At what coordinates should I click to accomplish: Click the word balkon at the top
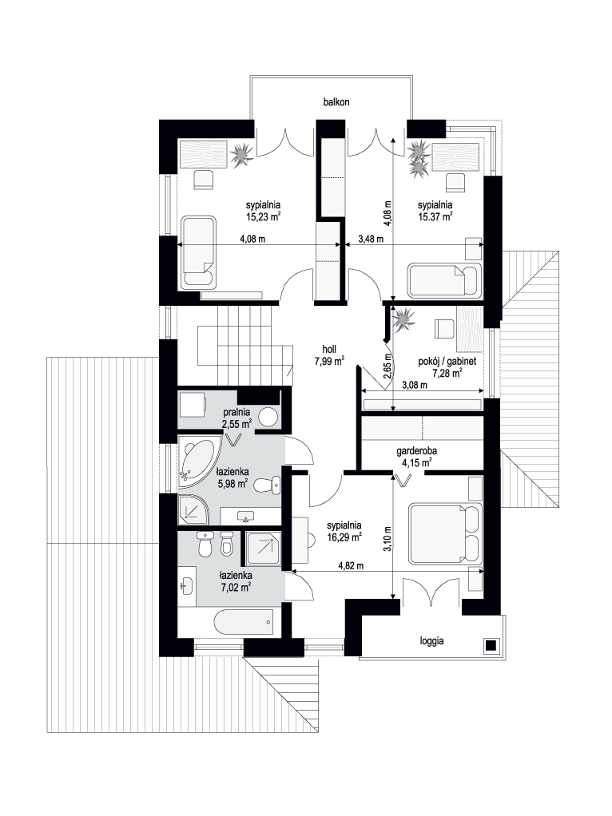(336, 102)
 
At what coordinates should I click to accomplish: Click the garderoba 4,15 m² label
(416, 457)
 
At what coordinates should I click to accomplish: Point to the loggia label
(431, 641)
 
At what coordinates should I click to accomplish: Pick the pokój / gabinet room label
(447, 361)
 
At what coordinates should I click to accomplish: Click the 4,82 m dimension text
(351, 565)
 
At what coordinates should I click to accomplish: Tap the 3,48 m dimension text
(371, 239)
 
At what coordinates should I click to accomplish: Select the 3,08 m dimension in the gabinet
(415, 385)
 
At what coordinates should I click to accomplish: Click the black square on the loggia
(491, 646)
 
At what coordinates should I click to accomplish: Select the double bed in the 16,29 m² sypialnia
(445, 533)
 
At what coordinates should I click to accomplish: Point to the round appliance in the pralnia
(268, 418)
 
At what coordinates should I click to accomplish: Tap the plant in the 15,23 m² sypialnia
(241, 154)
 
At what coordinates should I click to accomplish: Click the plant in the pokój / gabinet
(403, 319)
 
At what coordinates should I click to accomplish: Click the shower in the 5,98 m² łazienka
(193, 509)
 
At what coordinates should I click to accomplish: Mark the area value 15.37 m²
(435, 217)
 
